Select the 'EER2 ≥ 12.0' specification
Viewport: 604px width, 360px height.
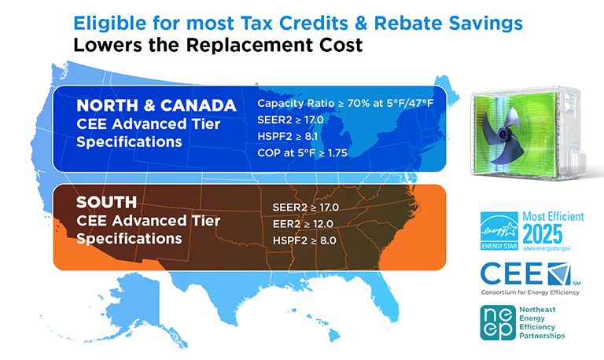[x=299, y=223]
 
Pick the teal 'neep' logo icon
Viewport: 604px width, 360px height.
[x=499, y=322]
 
